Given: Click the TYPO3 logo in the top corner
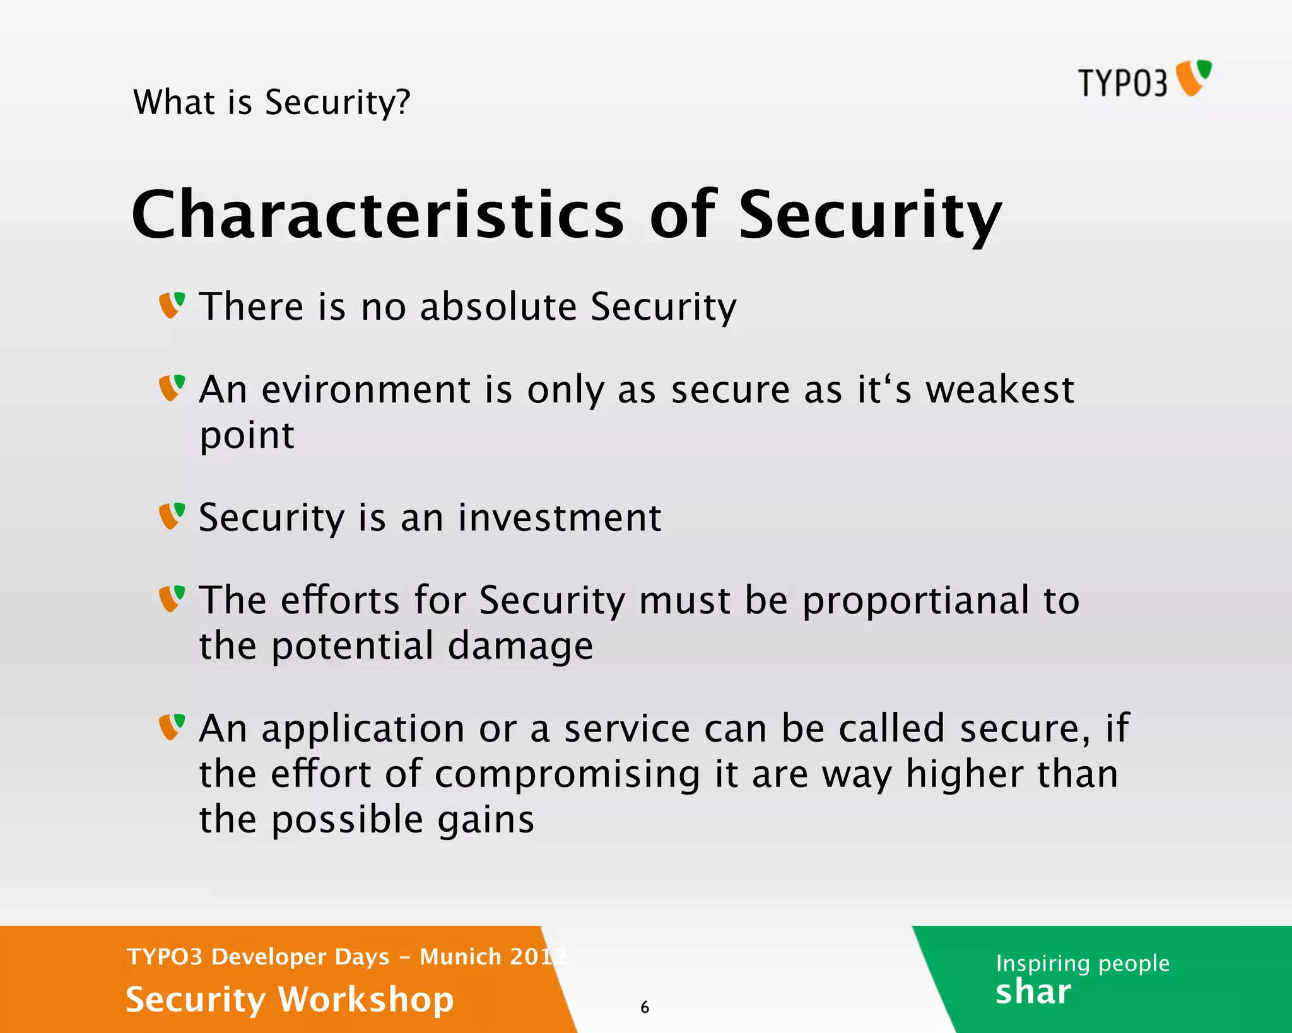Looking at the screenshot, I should click(x=1144, y=80).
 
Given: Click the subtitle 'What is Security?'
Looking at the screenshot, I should click(x=272, y=103).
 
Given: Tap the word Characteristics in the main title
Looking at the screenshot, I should click(x=377, y=215).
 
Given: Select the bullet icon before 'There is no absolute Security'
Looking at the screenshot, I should click(x=172, y=305).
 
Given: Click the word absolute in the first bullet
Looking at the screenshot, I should click(x=498, y=307).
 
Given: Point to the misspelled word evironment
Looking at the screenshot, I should click(x=366, y=390).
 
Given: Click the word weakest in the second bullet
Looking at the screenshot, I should click(x=999, y=390).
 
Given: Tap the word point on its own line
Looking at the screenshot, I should click(x=247, y=436).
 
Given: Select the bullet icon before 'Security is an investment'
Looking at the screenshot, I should click(x=172, y=516).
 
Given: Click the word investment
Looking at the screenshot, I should click(x=560, y=518).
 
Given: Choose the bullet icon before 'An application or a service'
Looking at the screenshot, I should click(x=172, y=727).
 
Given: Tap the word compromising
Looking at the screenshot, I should click(x=567, y=775).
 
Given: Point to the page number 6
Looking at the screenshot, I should click(x=645, y=1007).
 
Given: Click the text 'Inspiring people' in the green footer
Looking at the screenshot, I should click(x=1082, y=964).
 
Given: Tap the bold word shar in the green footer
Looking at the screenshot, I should click(x=1033, y=992).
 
